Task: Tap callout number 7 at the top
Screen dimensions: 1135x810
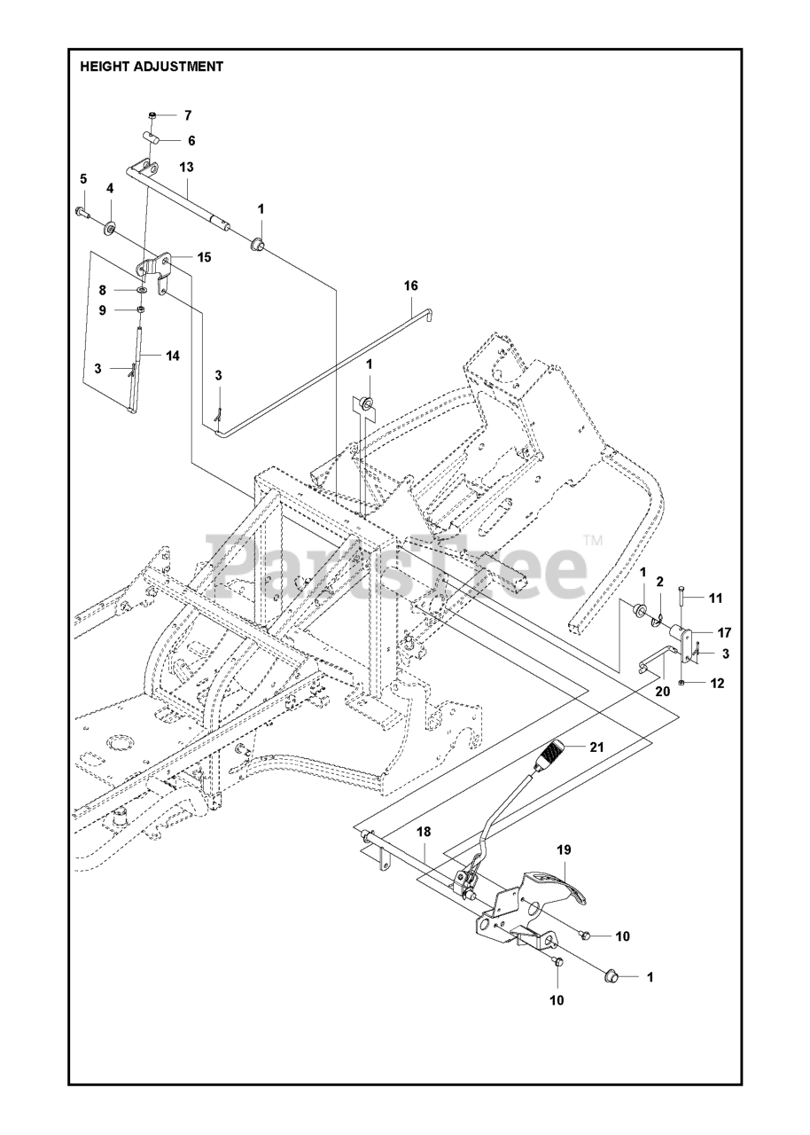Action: pos(187,115)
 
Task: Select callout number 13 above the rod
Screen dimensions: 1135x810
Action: pos(186,167)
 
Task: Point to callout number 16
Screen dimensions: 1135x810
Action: pos(410,286)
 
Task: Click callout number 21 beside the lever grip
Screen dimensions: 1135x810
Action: pos(596,747)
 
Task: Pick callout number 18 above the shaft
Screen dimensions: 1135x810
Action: pos(424,831)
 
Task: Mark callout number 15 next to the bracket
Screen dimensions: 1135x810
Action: pos(204,257)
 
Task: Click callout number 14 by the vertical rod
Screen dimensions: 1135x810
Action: pos(172,355)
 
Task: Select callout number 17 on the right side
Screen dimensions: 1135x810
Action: pos(724,632)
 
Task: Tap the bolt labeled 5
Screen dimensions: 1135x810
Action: pos(82,213)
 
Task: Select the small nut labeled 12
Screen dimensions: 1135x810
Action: pos(680,681)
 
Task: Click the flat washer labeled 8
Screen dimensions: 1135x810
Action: pos(142,290)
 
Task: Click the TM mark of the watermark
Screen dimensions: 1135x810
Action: pos(593,539)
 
